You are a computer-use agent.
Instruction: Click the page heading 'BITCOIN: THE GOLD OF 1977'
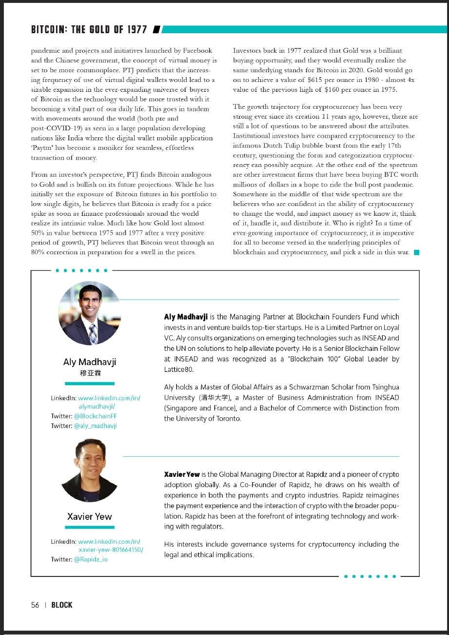point(89,29)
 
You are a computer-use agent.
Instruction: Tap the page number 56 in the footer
point(35,605)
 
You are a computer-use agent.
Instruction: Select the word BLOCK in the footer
point(62,605)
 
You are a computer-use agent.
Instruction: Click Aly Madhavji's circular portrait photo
point(89,313)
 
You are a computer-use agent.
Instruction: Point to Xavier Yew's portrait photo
point(89,470)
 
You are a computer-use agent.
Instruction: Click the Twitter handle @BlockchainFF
point(96,416)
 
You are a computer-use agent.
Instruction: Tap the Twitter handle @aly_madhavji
point(96,426)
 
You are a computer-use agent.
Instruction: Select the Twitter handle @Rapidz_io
point(91,559)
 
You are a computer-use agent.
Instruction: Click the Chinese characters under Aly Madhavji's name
point(90,373)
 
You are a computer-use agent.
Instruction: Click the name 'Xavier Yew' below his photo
point(90,516)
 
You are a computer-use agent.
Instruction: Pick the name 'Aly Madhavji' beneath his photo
point(90,362)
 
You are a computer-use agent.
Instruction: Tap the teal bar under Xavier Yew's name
point(90,527)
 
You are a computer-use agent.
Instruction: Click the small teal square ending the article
point(416,252)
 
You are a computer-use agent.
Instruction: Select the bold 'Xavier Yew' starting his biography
point(182,474)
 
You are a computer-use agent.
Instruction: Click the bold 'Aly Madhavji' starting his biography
point(186,317)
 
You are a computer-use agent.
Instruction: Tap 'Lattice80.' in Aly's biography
point(179,369)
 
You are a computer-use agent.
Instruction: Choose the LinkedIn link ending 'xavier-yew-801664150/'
point(111,550)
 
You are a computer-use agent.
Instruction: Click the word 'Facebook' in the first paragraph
point(198,51)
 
